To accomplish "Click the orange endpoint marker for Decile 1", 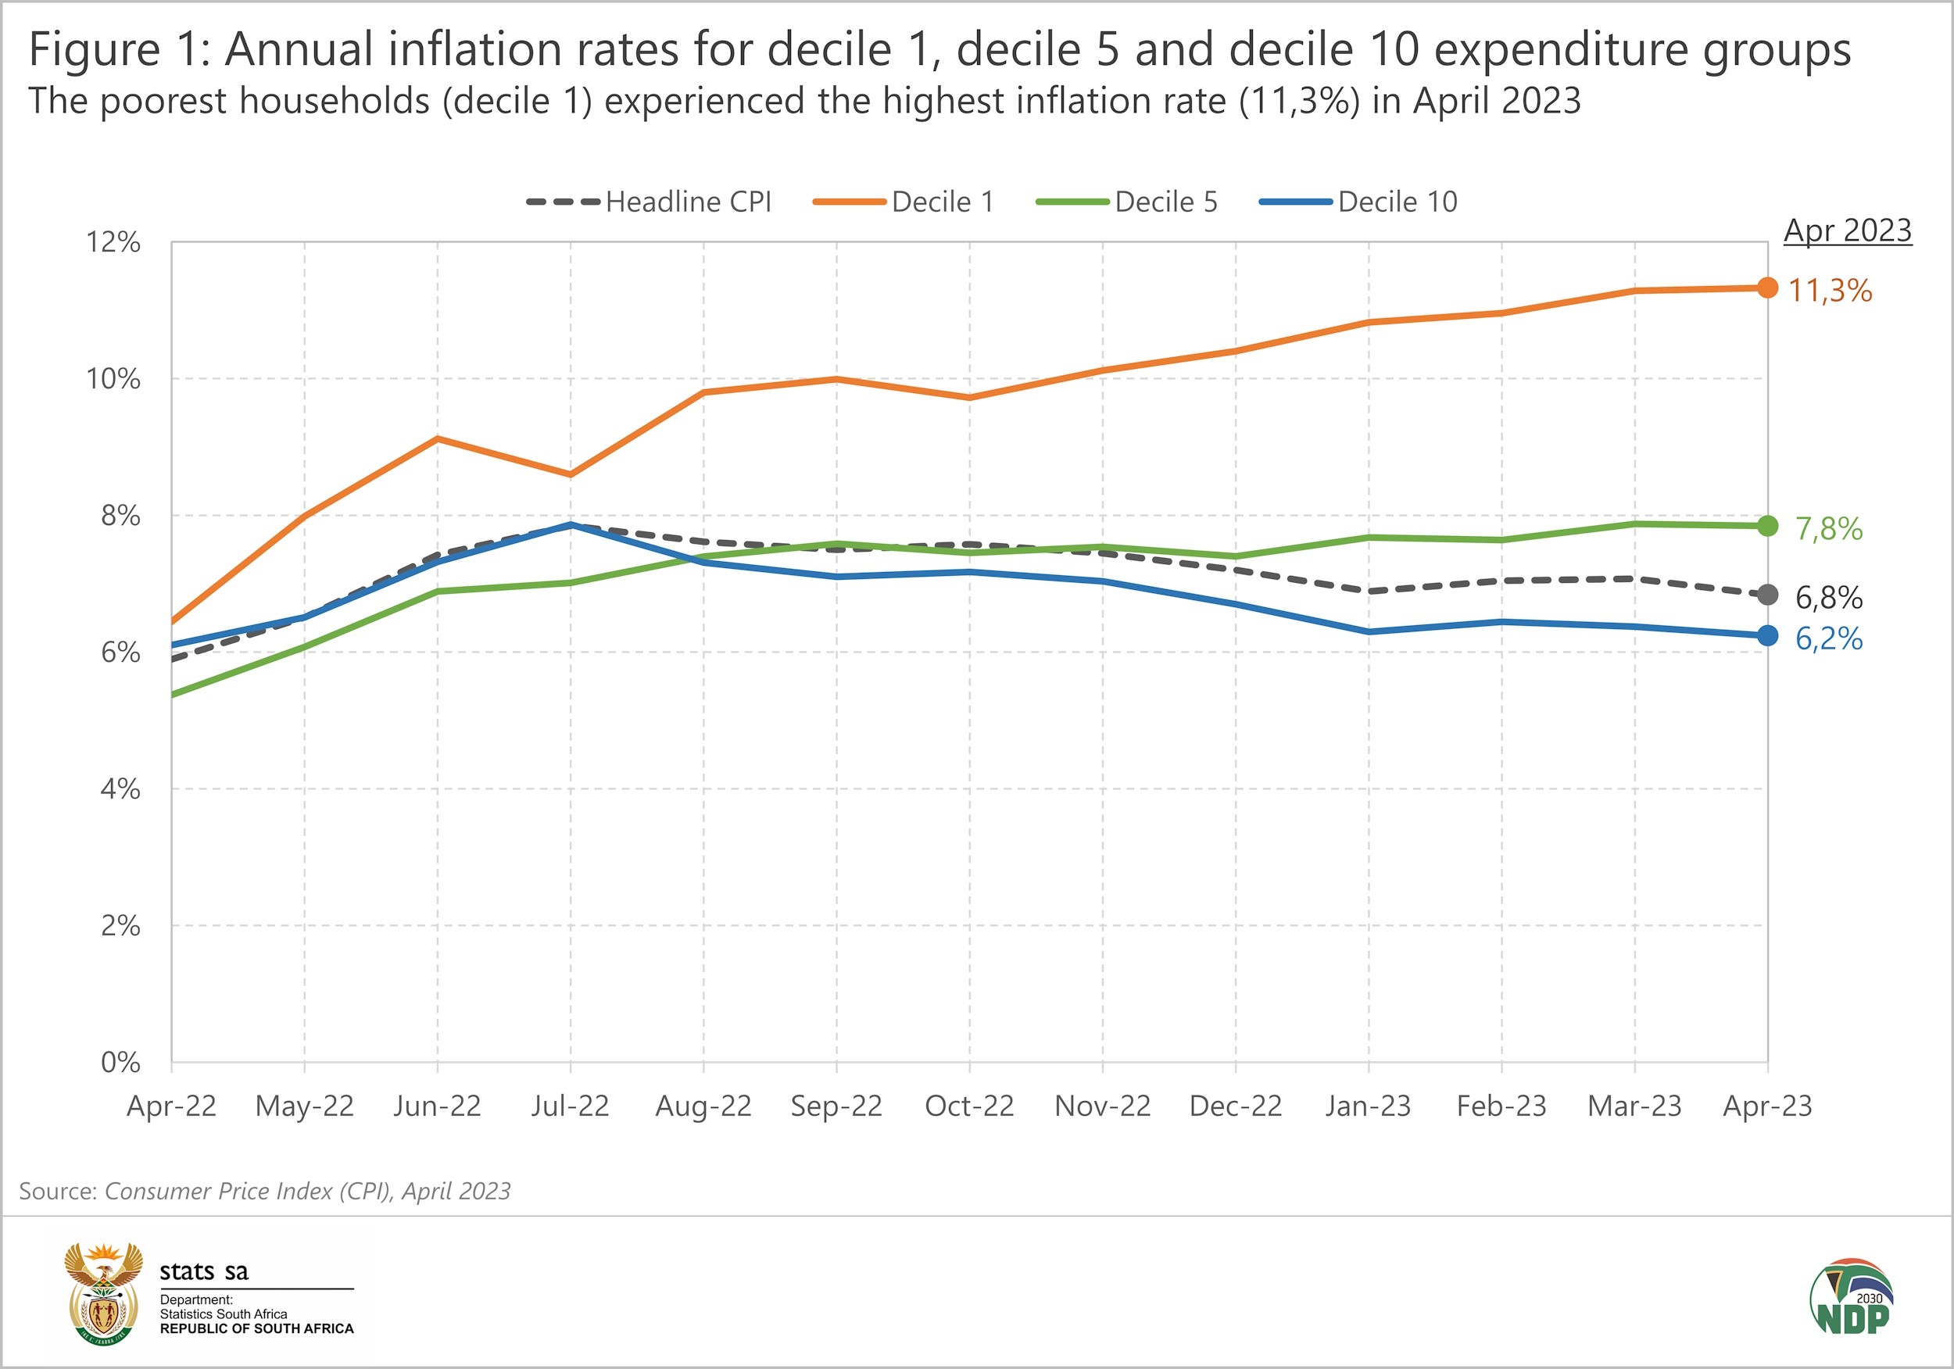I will tap(1768, 288).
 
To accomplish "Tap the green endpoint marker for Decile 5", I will tap(1768, 526).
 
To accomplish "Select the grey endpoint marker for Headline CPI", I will tap(1768, 595).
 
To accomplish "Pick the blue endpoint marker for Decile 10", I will tap(1768, 635).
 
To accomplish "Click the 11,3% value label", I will tap(1830, 291).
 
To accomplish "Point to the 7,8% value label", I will tap(1829, 529).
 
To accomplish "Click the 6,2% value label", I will tap(1829, 639).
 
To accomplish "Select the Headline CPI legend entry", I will tap(650, 202).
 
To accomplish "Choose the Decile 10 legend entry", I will tap(1359, 202).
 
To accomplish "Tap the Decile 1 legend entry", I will tap(904, 202).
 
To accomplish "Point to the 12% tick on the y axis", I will tap(113, 242).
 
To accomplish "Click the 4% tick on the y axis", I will tap(120, 788).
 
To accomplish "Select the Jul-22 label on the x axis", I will tap(571, 1106).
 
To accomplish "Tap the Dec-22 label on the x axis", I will tap(1236, 1106).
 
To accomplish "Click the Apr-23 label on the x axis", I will tap(1768, 1106).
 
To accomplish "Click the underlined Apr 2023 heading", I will tap(1848, 231).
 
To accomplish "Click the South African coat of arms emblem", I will tap(104, 1293).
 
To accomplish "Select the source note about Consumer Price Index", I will tap(265, 1191).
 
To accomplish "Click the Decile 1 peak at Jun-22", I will tap(438, 438).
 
